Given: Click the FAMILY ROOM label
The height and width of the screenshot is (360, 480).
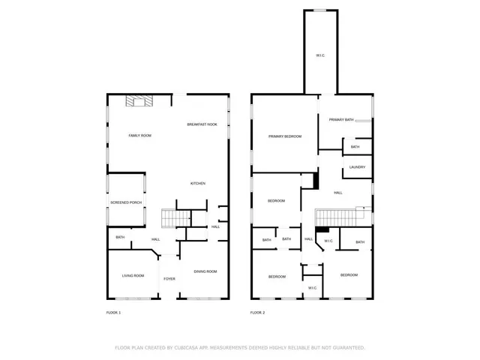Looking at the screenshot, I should pos(139,135).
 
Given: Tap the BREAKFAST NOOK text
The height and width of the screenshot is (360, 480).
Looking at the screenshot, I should pos(202,124).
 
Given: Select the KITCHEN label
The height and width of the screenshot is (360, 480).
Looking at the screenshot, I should pos(197,183).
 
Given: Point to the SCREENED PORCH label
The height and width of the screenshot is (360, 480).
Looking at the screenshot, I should pos(126,202).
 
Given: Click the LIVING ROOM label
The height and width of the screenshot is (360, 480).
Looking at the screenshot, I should pos(133,276).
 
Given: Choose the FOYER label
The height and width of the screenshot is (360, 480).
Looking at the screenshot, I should pos(169,279).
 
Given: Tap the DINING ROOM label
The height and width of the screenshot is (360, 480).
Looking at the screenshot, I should pos(205,271).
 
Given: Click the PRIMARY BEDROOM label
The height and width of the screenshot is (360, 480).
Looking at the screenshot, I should pos(285,136).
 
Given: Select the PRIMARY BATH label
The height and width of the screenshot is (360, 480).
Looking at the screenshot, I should pos(340,119).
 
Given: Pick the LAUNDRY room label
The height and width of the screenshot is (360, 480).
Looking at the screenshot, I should pos(357,167).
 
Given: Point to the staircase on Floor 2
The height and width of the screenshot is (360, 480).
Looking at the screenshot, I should pos(341,216).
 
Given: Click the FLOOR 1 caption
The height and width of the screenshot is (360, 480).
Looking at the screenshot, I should pos(113,312).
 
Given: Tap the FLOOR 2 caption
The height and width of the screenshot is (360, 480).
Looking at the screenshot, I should pos(257,312).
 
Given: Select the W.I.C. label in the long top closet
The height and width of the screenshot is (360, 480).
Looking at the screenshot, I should pos(320,55).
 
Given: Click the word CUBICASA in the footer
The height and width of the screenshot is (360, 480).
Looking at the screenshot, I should pos(190,347).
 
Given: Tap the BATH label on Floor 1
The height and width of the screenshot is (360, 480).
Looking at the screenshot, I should pos(120,238).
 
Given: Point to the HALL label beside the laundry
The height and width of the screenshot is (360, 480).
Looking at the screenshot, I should pos(338,193).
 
